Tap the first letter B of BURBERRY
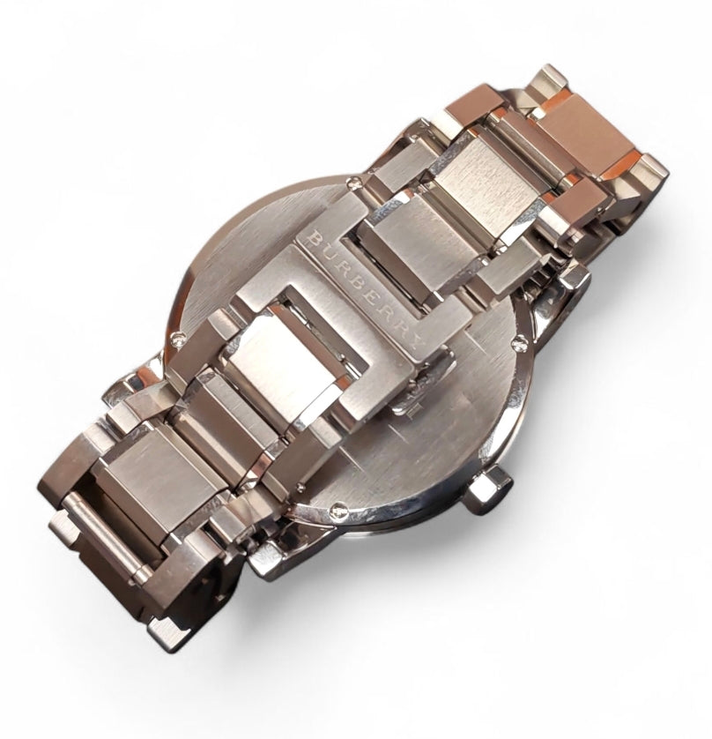pos(313,237)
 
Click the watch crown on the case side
pos(490,489)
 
